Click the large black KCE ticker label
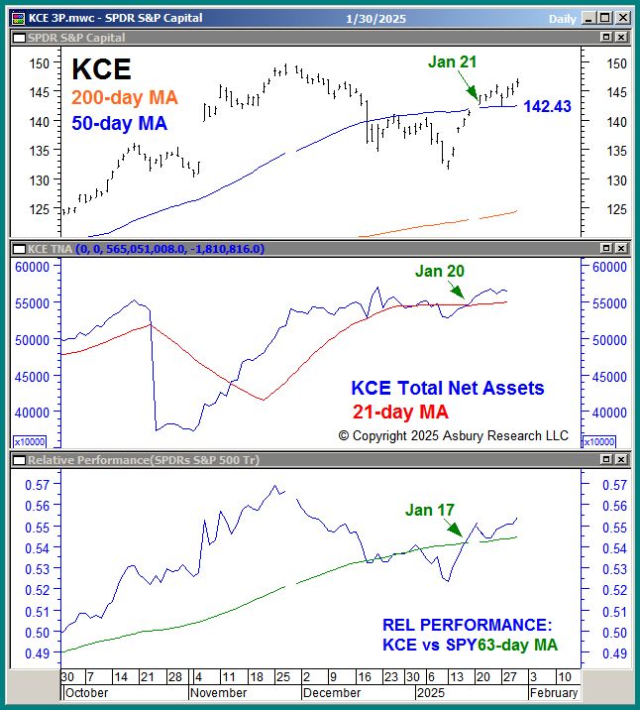click(102, 69)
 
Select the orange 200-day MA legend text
click(125, 98)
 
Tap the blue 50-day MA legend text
click(119, 124)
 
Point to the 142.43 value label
click(547, 106)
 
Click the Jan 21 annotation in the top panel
click(452, 61)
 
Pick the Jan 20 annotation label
click(440, 271)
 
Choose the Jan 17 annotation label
click(430, 510)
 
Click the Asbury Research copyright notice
click(454, 435)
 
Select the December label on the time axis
click(332, 693)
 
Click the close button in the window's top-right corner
click(621, 19)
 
